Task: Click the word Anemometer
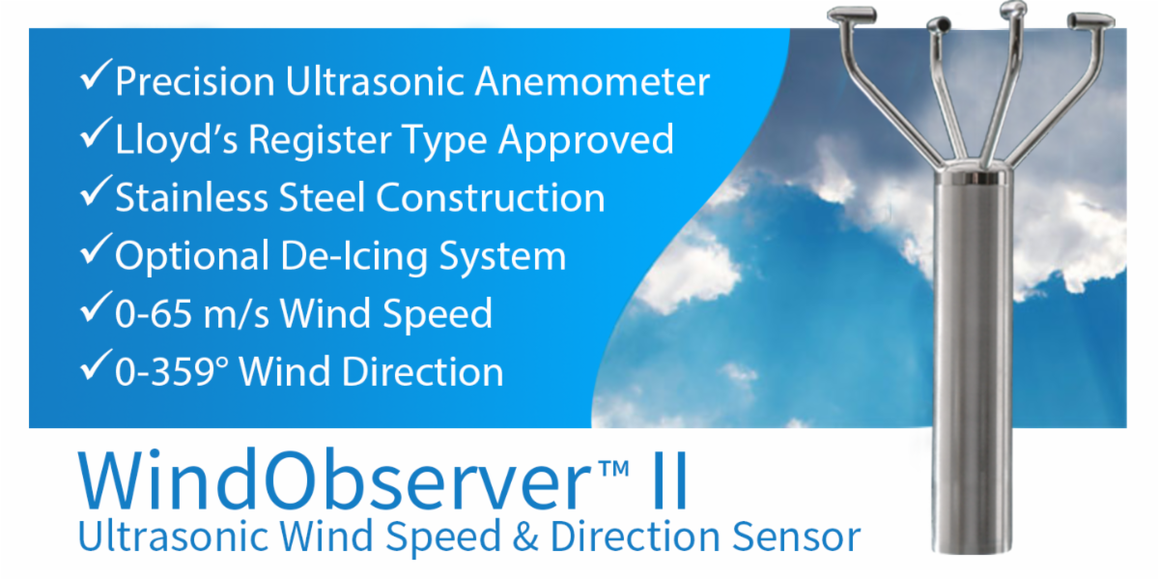tap(592, 81)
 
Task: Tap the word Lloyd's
tap(177, 140)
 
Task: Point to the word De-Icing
tap(353, 256)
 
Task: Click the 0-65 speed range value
tap(154, 313)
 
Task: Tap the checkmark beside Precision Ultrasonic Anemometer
tap(97, 75)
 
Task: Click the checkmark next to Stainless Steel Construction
tap(97, 191)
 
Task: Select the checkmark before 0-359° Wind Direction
tap(97, 365)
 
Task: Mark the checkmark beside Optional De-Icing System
tap(97, 249)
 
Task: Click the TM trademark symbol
tap(613, 469)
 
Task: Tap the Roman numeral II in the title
tap(669, 481)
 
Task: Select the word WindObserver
tap(335, 481)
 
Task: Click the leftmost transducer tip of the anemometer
tap(852, 14)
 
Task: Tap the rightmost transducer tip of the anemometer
tap(1090, 20)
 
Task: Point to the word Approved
tap(585, 140)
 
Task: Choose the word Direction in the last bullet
tap(423, 371)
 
